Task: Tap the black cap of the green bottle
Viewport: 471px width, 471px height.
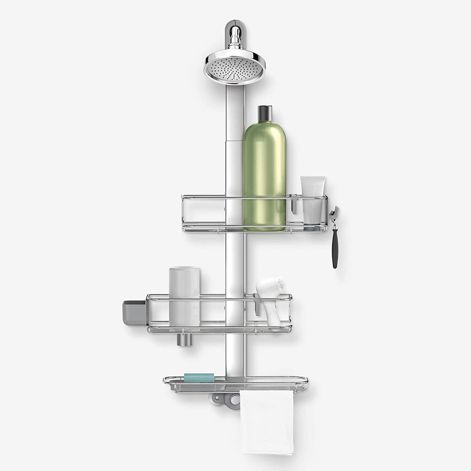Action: (x=265, y=114)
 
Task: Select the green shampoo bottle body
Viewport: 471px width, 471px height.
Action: (x=264, y=174)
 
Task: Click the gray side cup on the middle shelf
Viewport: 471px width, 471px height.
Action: (x=134, y=312)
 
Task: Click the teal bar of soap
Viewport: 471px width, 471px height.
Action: (x=199, y=377)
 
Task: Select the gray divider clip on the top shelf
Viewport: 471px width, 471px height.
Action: (x=295, y=204)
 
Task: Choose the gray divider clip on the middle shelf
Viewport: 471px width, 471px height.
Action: (x=257, y=304)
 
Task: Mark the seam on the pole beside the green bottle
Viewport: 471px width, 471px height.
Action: (x=234, y=140)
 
